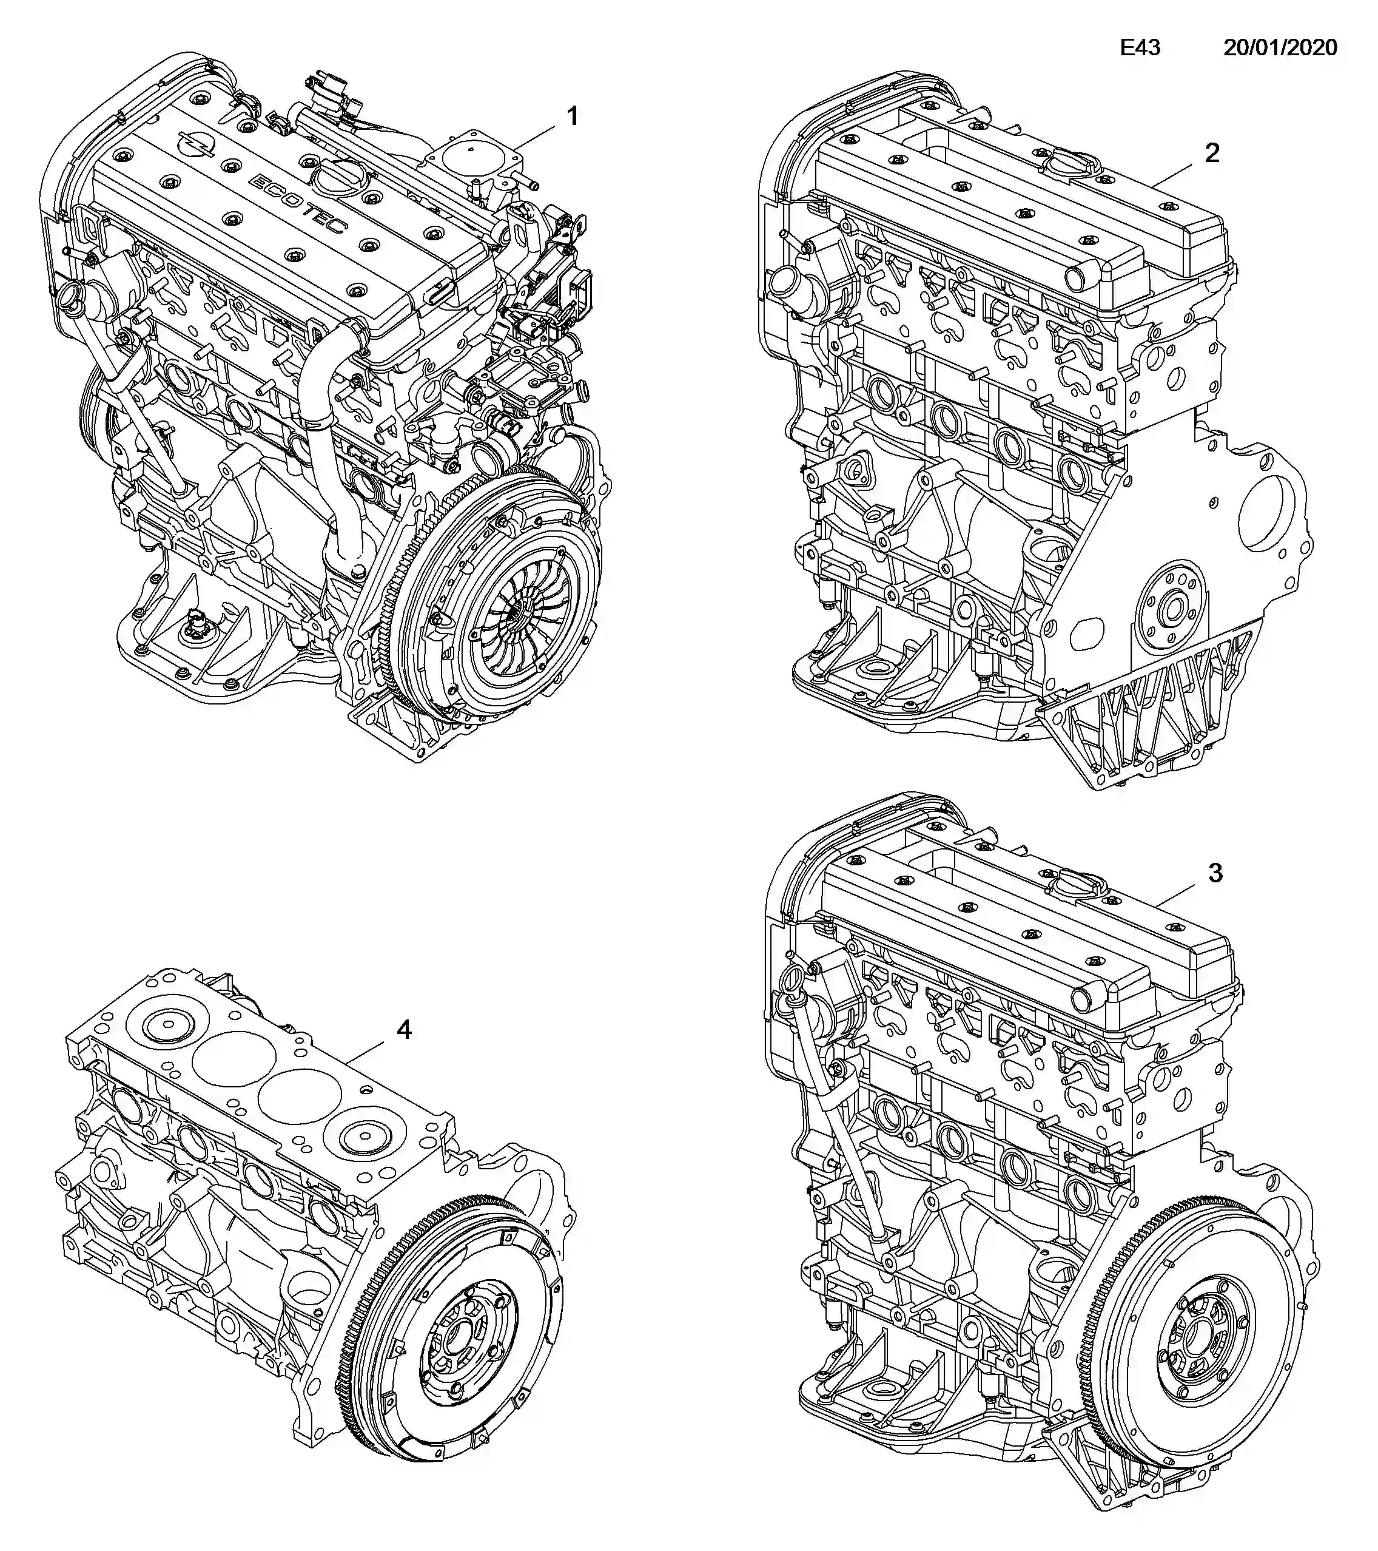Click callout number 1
573,116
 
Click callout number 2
1212,154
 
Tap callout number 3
1215,873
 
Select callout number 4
403,1030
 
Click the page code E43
1140,48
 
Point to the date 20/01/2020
1280,48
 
